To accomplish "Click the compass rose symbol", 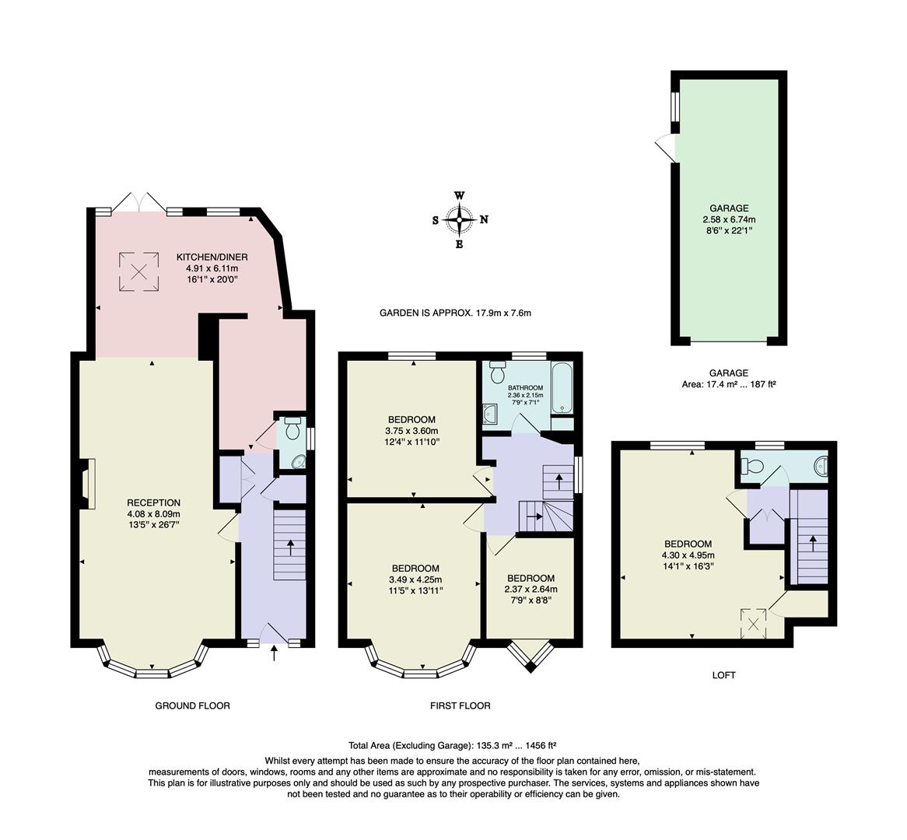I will coord(460,220).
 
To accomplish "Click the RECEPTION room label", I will coord(153,502).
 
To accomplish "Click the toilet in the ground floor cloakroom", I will coord(293,429).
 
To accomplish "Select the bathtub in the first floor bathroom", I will coord(562,388).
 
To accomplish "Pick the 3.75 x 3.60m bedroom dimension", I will coord(411,432).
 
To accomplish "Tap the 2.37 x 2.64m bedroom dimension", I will coord(531,590).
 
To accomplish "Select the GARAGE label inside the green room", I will coord(729,208).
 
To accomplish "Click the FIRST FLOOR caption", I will coord(460,706).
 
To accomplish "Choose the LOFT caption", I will coord(723,675).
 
